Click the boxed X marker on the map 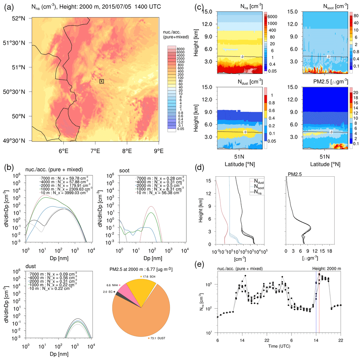[x=102, y=81]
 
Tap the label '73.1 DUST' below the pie [x=157, y=338]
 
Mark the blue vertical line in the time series [x=316, y=301]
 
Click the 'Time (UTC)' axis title [x=279, y=346]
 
